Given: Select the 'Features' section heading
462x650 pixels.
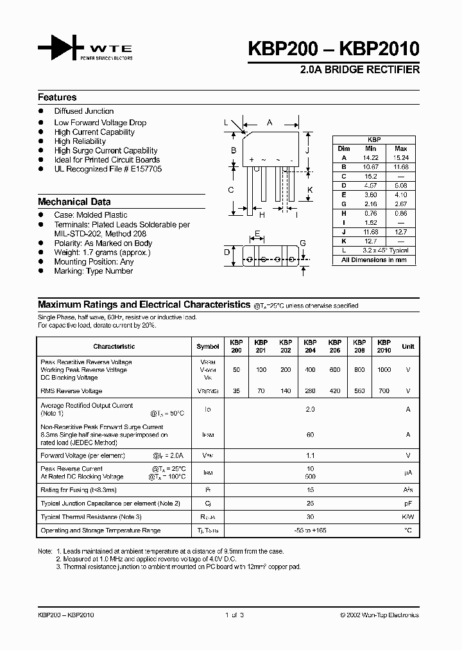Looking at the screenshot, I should (57, 98).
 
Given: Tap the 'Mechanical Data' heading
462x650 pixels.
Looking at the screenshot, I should (74, 201).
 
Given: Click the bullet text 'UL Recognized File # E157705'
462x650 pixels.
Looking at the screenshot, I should (108, 169).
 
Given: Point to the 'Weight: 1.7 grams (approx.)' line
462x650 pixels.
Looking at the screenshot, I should (102, 252).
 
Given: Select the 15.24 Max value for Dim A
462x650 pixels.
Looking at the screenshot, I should (400, 157).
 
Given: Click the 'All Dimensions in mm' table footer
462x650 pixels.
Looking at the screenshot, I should (374, 260).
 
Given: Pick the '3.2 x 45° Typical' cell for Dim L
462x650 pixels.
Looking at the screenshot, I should (385, 250).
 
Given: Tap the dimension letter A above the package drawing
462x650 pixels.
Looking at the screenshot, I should (269, 122).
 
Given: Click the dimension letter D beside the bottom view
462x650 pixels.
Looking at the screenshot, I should (227, 252).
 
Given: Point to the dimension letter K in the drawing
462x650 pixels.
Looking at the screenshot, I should (309, 189).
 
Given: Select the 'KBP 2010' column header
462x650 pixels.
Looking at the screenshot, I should (384, 346).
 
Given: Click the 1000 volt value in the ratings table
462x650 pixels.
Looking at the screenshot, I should (384, 370).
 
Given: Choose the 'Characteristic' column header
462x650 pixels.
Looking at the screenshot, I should (114, 346).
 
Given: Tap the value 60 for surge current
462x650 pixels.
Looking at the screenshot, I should (310, 435).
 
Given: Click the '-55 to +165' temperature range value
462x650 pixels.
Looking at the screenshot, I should (310, 531).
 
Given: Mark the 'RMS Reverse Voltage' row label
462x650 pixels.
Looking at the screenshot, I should (71, 391).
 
